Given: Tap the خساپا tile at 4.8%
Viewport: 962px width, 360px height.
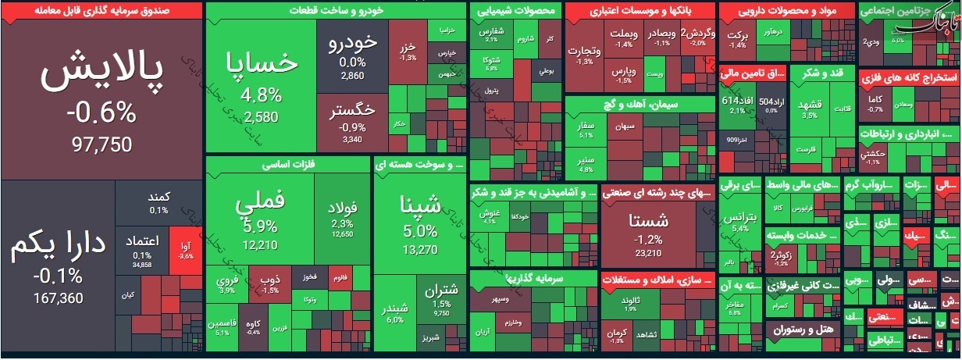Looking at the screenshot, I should click(262, 86).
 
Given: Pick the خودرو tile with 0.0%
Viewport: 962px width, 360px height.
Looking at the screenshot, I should click(352, 55).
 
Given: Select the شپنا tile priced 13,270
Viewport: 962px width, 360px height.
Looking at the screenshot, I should click(420, 223).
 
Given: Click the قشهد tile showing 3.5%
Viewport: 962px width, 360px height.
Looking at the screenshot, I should click(808, 109).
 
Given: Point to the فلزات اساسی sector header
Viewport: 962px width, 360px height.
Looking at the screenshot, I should click(287, 164).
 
